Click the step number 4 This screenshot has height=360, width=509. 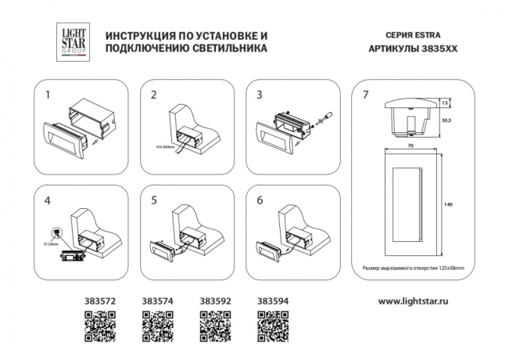(49, 200)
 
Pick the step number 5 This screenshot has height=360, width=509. (153, 200)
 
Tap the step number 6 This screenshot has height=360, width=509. (259, 200)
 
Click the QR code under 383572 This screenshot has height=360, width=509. (99, 324)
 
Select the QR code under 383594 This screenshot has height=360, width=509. (273, 324)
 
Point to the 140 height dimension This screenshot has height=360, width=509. (448, 204)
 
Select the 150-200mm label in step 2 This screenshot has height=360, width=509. (164, 146)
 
